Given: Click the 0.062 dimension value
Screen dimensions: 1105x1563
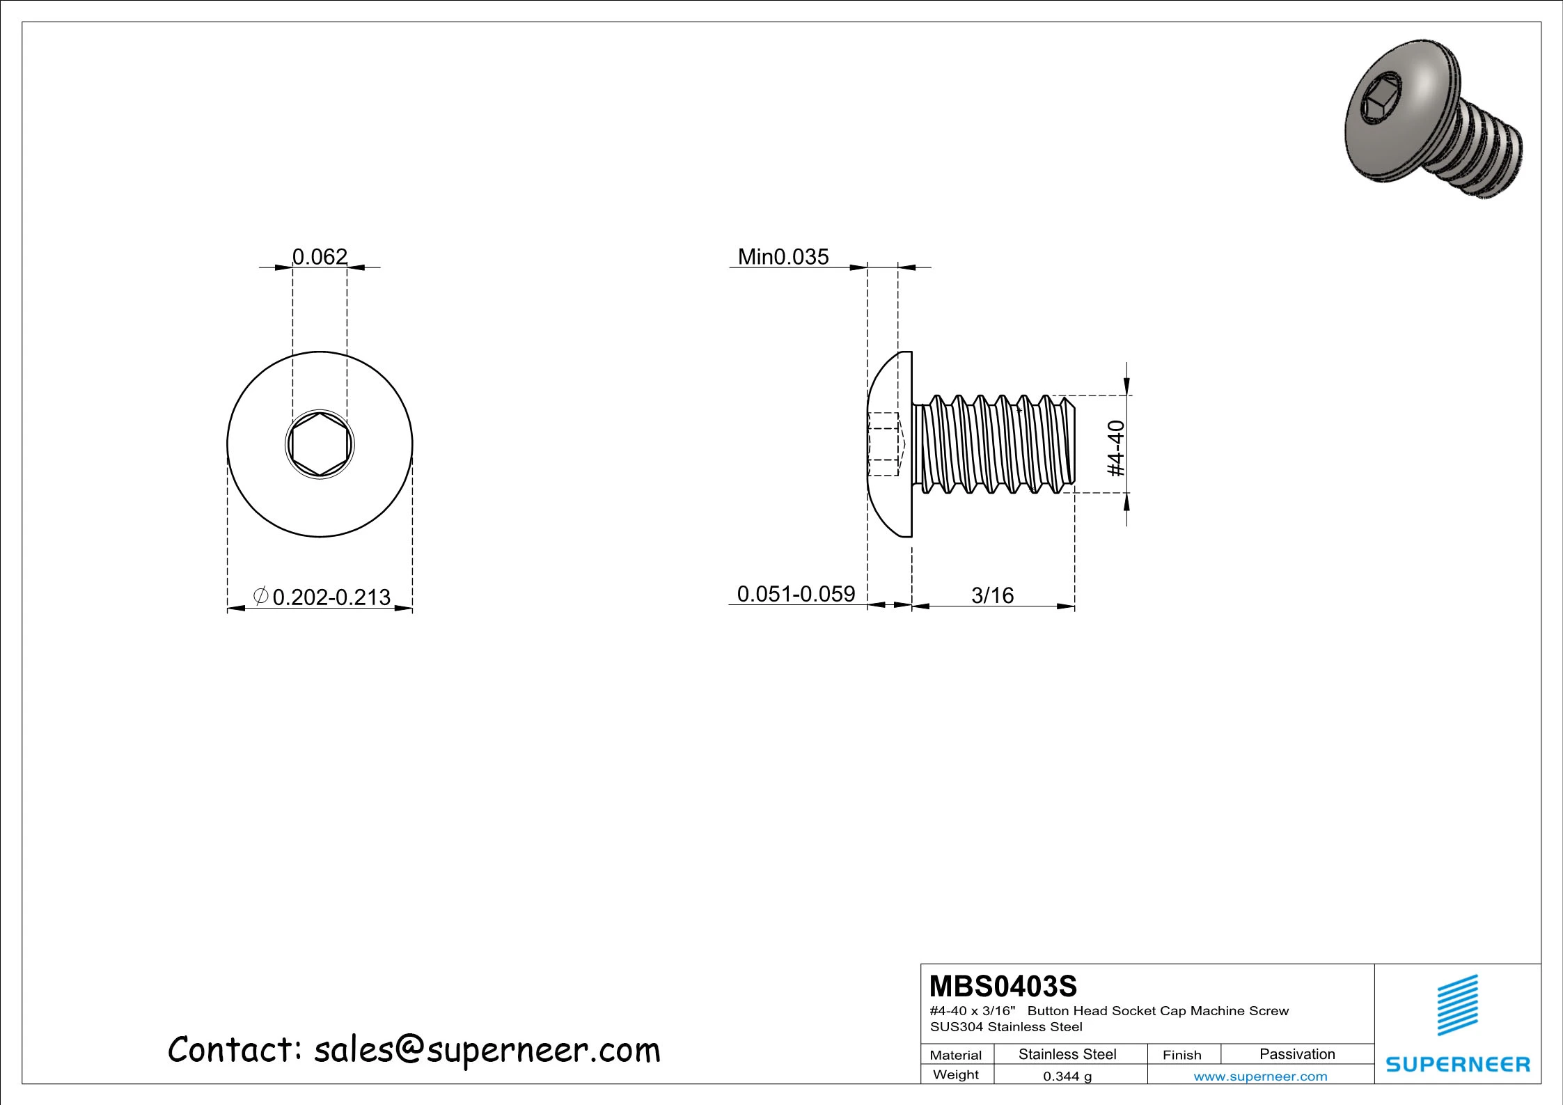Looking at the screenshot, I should pyautogui.click(x=319, y=257).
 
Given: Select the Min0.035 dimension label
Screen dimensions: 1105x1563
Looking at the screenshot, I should pyautogui.click(x=783, y=257).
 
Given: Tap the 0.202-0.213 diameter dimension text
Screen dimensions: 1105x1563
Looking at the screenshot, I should pyautogui.click(x=331, y=597).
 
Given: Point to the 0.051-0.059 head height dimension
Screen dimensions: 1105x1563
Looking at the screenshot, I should pyautogui.click(x=795, y=594).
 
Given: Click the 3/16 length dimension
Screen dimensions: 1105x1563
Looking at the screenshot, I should pyautogui.click(x=992, y=595).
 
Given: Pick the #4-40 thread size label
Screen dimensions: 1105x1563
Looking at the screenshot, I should pyautogui.click(x=1116, y=448).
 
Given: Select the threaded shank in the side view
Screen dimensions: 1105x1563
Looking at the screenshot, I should pyautogui.click(x=996, y=444).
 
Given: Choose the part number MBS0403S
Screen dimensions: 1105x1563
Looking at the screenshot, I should pyautogui.click(x=1003, y=987).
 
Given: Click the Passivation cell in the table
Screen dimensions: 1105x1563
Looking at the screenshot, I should pyautogui.click(x=1296, y=1054).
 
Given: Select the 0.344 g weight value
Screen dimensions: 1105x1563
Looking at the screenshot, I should pyautogui.click(x=1067, y=1076).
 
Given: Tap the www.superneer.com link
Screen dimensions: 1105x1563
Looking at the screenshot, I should pyautogui.click(x=1260, y=1076).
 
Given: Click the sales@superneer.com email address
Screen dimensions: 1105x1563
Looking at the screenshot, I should pyautogui.click(x=487, y=1050).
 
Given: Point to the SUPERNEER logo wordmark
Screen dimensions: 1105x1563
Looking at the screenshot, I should pyautogui.click(x=1458, y=1064).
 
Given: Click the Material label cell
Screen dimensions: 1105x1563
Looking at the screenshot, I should pyautogui.click(x=955, y=1055).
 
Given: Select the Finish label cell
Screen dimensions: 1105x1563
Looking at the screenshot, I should pyautogui.click(x=1181, y=1055).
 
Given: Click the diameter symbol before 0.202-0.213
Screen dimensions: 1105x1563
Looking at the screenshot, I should pyautogui.click(x=260, y=596).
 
